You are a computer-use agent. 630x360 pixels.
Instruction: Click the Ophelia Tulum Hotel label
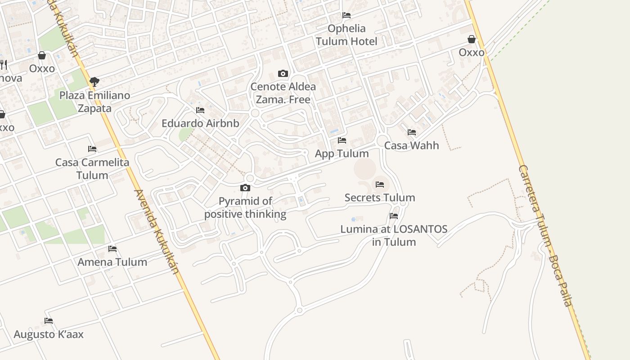[346, 35]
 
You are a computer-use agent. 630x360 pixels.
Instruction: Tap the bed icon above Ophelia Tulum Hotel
[346, 15]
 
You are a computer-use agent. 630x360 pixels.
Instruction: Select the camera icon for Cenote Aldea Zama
[283, 73]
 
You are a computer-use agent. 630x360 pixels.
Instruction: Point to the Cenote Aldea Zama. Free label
[283, 93]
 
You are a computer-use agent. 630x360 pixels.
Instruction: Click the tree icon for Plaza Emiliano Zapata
[94, 81]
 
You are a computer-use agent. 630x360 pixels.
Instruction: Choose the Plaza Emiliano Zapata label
[94, 102]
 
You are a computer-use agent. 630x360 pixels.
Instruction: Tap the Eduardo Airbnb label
[200, 123]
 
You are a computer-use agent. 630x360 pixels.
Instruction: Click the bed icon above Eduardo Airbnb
[200, 110]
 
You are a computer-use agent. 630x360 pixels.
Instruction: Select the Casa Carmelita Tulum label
[92, 169]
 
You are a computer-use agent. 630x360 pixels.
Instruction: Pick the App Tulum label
[342, 153]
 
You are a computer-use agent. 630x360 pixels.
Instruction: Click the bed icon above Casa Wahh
[412, 132]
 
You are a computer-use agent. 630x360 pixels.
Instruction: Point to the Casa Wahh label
[412, 145]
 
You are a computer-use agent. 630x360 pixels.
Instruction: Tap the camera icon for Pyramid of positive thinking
[245, 188]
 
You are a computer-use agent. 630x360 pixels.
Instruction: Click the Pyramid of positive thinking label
[245, 207]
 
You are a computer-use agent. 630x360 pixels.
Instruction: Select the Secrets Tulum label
[380, 198]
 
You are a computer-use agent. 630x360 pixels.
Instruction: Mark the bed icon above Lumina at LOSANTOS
[394, 216]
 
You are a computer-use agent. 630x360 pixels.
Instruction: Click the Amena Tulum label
[112, 262]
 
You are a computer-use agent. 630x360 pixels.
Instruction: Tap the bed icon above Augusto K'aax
[49, 321]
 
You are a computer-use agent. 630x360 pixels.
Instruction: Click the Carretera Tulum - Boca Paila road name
[545, 236]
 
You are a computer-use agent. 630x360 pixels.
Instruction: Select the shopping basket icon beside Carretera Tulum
[472, 39]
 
